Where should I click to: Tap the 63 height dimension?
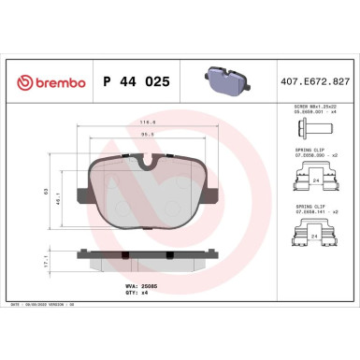click(x=45, y=192)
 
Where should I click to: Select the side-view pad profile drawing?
click(x=148, y=255)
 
